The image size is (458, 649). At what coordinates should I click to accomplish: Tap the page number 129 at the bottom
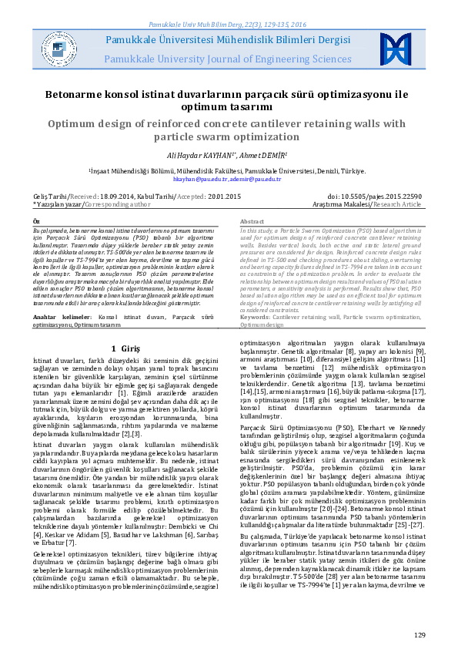tap(420, 634)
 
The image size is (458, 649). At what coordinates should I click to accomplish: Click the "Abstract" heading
tap(252, 221)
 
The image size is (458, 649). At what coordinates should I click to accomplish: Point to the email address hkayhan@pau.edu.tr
tap(196, 179)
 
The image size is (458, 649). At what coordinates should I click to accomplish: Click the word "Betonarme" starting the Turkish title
tap(82, 95)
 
